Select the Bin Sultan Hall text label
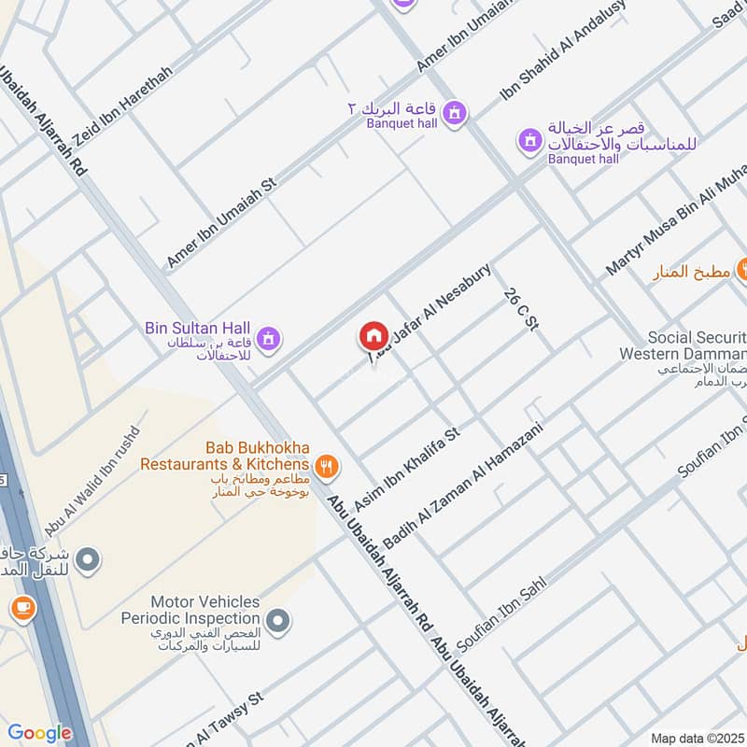198,328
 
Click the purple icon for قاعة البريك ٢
454,114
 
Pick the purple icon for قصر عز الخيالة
530,141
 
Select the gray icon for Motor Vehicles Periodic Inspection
277,619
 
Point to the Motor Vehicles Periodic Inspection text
190,611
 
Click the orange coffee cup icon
21,609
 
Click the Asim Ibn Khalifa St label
408,468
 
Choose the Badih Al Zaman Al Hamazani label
463,485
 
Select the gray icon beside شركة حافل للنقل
89,560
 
